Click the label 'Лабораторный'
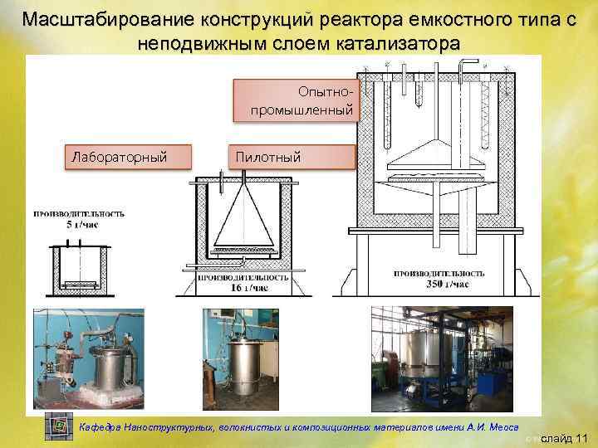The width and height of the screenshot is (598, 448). coord(120,156)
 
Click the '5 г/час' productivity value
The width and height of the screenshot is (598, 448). coord(79,223)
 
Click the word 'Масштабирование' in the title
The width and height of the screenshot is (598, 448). coord(100,19)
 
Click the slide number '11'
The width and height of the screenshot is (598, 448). coord(580,437)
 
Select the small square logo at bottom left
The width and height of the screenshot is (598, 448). coord(59,426)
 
